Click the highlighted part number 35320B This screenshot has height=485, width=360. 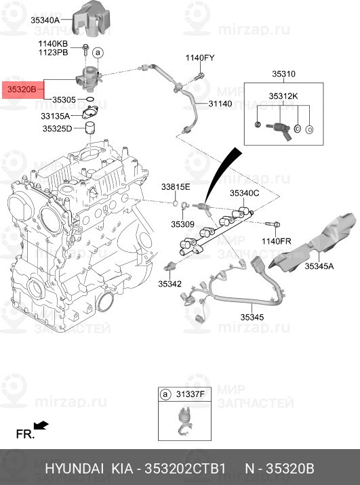[x=24, y=89]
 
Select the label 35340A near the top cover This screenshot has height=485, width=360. [x=45, y=20]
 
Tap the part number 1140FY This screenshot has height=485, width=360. [x=201, y=58]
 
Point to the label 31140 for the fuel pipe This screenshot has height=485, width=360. [x=220, y=104]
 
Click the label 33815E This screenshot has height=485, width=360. [x=176, y=186]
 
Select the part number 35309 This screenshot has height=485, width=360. [x=182, y=224]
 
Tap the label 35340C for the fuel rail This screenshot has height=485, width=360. [x=244, y=193]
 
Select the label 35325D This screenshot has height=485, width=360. [x=57, y=128]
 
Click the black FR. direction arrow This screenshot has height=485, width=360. [x=41, y=425]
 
